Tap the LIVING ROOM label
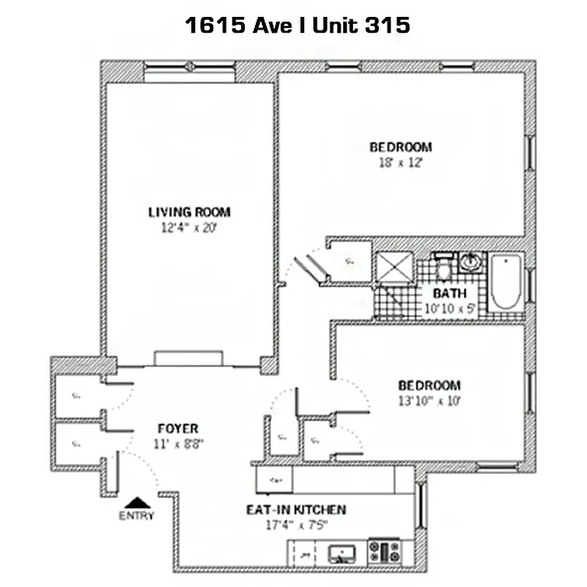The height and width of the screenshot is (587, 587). pyautogui.click(x=189, y=212)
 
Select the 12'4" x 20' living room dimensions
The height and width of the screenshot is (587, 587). pyautogui.click(x=189, y=227)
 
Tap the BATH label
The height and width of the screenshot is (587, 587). pyautogui.click(x=449, y=293)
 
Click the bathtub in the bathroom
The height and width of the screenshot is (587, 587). pyautogui.click(x=506, y=282)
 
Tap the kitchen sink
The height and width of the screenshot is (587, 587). pyautogui.click(x=341, y=553)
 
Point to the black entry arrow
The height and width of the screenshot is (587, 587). pyautogui.click(x=136, y=502)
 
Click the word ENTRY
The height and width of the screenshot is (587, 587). pyautogui.click(x=136, y=516)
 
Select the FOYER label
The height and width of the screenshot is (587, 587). pyautogui.click(x=178, y=429)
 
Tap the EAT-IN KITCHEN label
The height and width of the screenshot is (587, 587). pyautogui.click(x=296, y=509)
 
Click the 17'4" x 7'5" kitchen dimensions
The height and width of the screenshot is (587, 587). pyautogui.click(x=296, y=525)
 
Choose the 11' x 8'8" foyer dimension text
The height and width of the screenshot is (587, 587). pyautogui.click(x=178, y=443)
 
